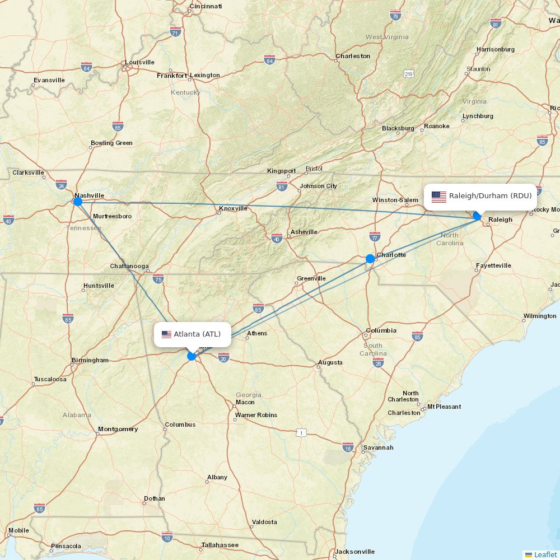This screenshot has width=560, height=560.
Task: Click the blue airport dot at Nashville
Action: pos(78,202)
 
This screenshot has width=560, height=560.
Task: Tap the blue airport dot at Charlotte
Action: pos(370,259)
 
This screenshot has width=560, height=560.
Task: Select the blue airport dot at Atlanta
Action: pos(192,356)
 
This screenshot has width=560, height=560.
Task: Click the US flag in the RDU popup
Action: pos(439,197)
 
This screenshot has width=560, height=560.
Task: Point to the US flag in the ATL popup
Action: pos(166,335)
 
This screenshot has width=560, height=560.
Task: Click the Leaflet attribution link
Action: pos(545,554)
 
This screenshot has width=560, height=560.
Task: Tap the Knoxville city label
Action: pos(233,208)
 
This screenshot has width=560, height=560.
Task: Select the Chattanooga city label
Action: pos(129,266)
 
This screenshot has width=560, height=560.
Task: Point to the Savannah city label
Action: pos(378,447)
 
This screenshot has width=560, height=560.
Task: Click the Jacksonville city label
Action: pos(355,552)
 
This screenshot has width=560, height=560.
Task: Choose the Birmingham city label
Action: pos(90,360)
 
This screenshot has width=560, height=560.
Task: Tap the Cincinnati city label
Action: pos(206,6)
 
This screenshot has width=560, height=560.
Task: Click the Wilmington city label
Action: pos(539,316)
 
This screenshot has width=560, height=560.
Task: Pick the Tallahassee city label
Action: pos(220,545)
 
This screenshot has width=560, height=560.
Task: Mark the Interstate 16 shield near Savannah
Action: pos(348,447)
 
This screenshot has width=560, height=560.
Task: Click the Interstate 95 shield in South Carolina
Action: pos(417,336)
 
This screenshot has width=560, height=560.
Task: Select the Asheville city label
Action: pos(304,232)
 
